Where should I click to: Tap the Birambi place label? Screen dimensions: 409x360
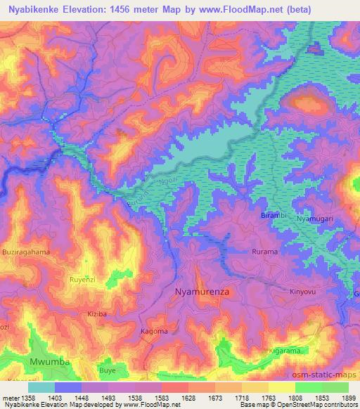pyautogui.click(x=274, y=214)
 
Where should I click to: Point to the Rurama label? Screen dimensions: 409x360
pyautogui.click(x=265, y=251)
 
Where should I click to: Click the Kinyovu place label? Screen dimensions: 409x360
pyautogui.click(x=304, y=291)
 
